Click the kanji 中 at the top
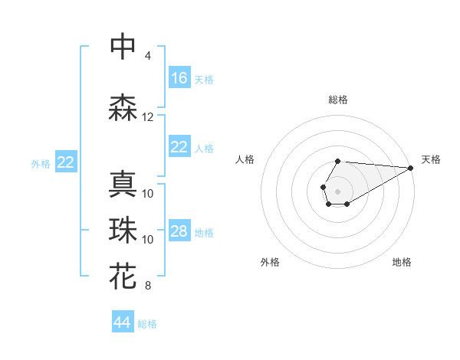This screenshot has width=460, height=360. (123, 47)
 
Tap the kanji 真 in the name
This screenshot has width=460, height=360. (123, 185)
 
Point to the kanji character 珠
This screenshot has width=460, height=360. (123, 231)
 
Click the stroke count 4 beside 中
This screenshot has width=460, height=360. (147, 56)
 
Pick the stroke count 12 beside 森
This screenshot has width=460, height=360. (148, 117)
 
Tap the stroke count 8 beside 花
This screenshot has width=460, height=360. (147, 286)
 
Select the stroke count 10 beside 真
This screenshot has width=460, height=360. (148, 194)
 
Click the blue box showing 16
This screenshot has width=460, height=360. (179, 78)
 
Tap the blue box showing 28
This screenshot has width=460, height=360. (179, 232)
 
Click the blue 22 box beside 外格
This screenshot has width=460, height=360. (66, 162)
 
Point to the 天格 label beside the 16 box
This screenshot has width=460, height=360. (204, 79)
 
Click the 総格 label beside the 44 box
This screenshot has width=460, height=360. (147, 324)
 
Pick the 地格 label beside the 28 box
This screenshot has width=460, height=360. (204, 233)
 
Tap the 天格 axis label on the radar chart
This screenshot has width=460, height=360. (431, 159)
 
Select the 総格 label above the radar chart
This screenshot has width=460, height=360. (337, 100)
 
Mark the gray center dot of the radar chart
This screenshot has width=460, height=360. (337, 190)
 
